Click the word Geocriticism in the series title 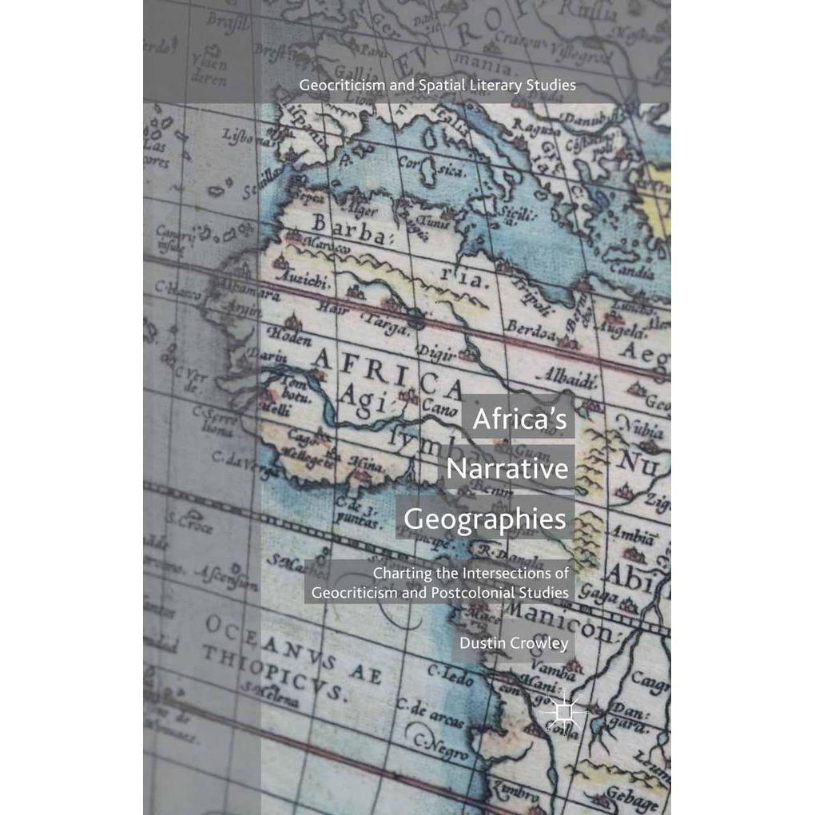pyautogui.click(x=335, y=84)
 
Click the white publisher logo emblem pyautogui.click(x=563, y=708)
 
